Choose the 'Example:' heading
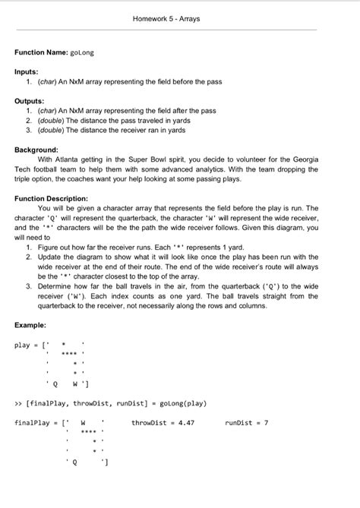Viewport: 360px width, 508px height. [33, 326]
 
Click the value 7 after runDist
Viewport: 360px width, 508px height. [265, 422]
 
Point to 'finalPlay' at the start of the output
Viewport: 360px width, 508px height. [33, 422]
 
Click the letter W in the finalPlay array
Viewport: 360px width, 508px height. [82, 422]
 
